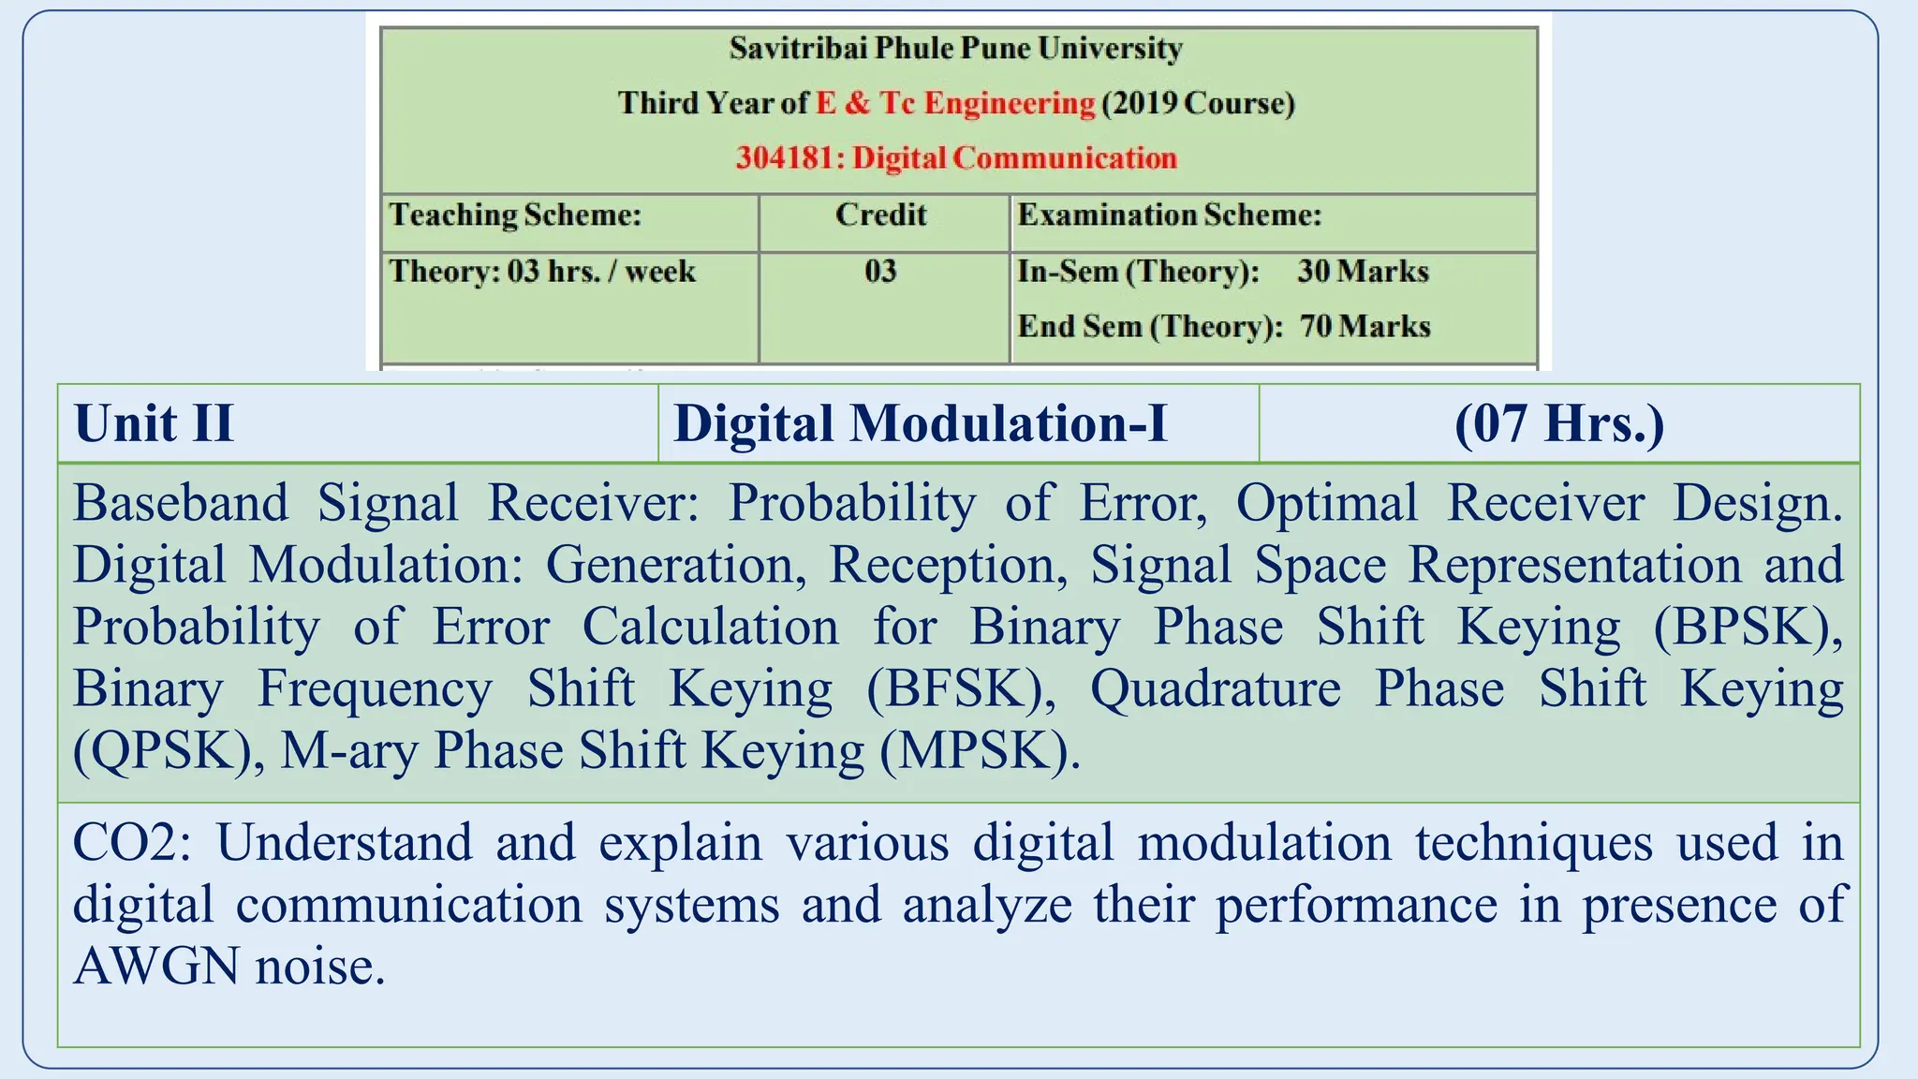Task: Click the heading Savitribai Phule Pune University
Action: point(955,48)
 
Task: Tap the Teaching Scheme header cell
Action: point(515,215)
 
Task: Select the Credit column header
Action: point(880,215)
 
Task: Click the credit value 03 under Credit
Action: point(880,272)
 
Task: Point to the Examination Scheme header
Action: point(1169,215)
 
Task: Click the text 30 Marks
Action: point(1363,272)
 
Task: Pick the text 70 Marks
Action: point(1365,326)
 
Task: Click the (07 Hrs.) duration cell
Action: point(1559,423)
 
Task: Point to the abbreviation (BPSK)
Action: point(1748,628)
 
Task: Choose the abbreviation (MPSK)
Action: point(980,751)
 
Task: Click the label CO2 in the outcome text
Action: point(131,842)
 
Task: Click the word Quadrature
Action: point(1215,689)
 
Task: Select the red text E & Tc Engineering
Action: point(955,103)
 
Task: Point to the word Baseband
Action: point(181,503)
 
